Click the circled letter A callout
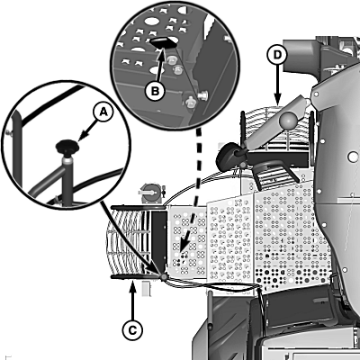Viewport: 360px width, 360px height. click(103, 112)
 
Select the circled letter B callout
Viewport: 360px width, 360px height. click(155, 91)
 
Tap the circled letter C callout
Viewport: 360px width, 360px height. click(132, 330)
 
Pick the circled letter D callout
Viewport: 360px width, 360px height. click(277, 55)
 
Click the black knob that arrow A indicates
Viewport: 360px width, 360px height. click(67, 148)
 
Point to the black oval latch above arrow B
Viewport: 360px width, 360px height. click(162, 41)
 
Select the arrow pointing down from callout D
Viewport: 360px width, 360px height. click(277, 85)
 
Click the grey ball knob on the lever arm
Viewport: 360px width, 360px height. click(288, 120)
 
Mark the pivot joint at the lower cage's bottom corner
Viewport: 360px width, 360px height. click(164, 277)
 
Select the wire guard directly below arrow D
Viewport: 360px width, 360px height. click(277, 129)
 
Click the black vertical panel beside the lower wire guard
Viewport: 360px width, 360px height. click(158, 238)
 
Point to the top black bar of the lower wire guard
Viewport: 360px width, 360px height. click(138, 207)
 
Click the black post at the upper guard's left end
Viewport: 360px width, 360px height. click(242, 126)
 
